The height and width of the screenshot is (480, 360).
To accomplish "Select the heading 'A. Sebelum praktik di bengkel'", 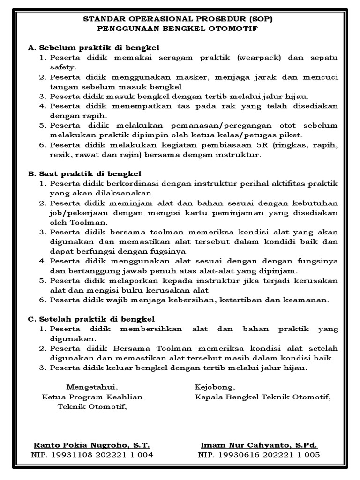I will tap(94, 48).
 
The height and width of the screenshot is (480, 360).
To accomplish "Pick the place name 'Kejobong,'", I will tap(215, 387).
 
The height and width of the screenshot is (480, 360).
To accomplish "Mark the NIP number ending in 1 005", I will tap(260, 455).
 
